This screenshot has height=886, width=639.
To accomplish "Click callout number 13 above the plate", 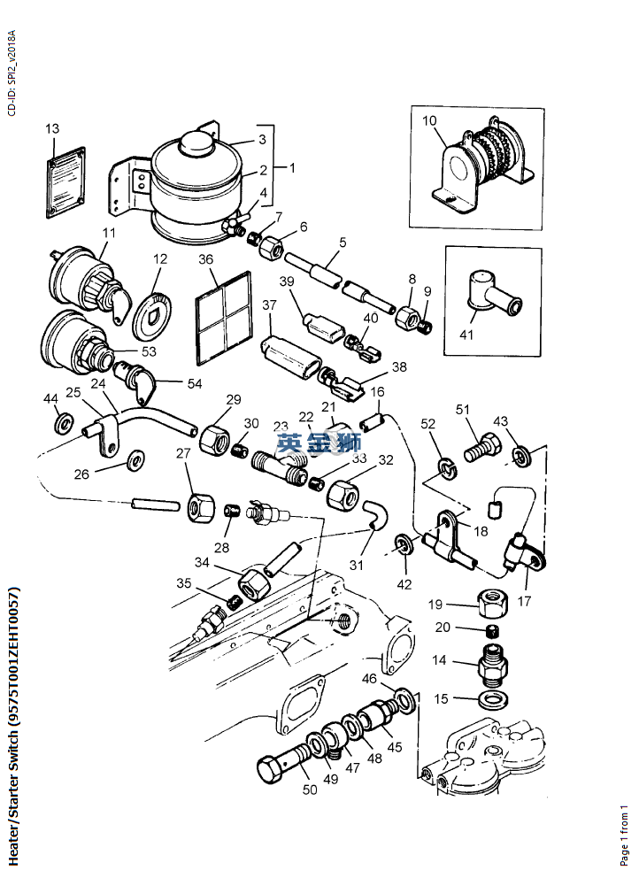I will tap(52, 129).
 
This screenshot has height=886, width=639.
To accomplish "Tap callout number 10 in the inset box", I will tap(429, 120).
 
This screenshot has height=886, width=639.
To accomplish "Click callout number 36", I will tap(205, 260).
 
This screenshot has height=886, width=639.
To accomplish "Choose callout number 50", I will tap(310, 790).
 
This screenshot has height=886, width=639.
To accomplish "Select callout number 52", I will tap(428, 425).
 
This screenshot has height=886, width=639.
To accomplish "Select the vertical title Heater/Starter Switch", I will tap(13, 726).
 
